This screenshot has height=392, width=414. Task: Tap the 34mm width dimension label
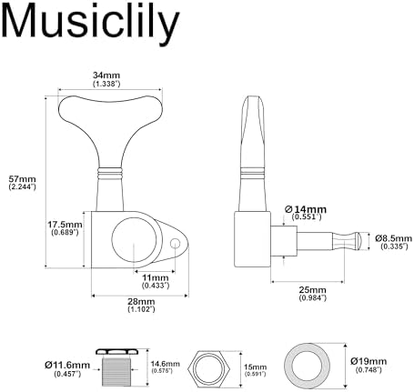click(x=106, y=79)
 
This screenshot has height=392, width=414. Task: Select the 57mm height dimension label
click(x=22, y=183)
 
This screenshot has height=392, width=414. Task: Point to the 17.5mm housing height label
click(x=65, y=228)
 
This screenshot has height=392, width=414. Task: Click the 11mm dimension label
click(x=156, y=281)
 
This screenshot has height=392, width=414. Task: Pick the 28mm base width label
click(x=141, y=305)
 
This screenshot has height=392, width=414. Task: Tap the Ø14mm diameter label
click(x=306, y=213)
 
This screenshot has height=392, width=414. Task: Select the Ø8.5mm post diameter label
click(x=393, y=242)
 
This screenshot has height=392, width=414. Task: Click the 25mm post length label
click(x=313, y=294)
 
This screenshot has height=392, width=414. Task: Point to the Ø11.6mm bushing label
click(x=67, y=369)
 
